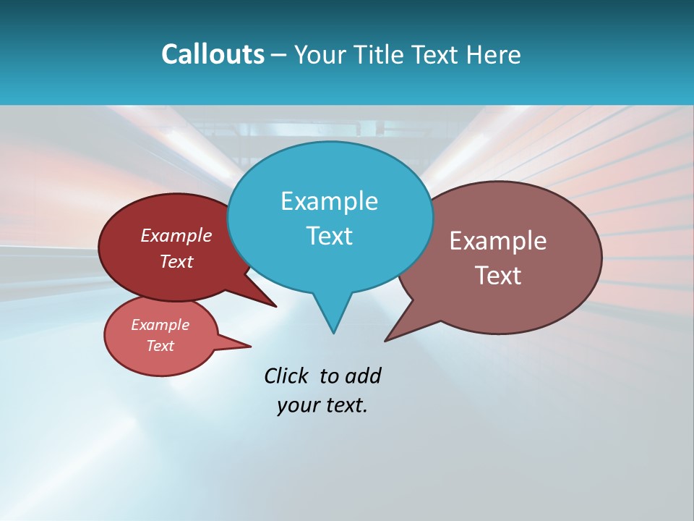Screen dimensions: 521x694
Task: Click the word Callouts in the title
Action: [213, 54]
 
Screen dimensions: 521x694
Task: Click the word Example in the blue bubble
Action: [329, 201]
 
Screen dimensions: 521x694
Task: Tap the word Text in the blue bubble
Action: [329, 236]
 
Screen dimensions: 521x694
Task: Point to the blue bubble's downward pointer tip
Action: [333, 331]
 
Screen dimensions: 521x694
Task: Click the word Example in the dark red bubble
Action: [176, 235]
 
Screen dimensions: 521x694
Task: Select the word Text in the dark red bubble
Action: [176, 261]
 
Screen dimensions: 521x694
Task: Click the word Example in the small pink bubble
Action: [160, 325]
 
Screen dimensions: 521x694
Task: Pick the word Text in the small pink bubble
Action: [160, 346]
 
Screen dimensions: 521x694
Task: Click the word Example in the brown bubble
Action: [497, 241]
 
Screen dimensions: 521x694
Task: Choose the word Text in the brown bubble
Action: [497, 276]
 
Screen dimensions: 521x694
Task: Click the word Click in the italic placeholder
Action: [286, 376]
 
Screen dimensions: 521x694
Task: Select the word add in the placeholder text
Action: [363, 376]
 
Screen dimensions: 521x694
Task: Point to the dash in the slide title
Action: [279, 55]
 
